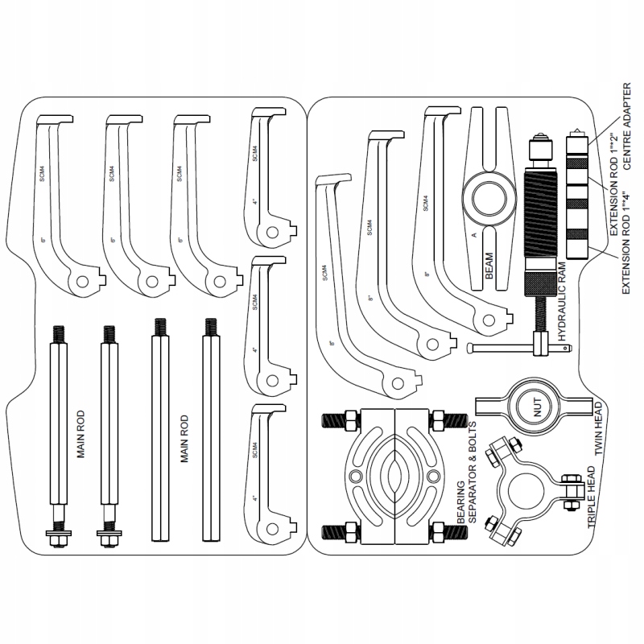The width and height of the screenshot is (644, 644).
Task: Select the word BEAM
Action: click(490, 264)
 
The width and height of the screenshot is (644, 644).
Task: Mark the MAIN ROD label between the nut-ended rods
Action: click(81, 438)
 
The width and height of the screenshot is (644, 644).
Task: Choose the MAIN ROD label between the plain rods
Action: click(184, 438)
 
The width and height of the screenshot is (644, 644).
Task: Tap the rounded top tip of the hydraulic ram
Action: click(537, 137)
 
